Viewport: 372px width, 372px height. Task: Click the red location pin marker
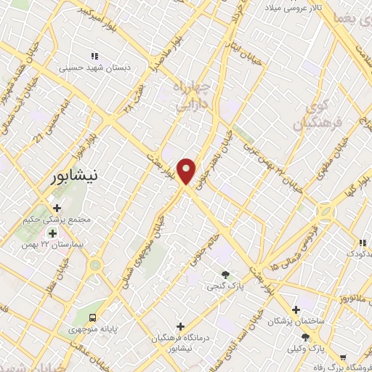(x=187, y=170)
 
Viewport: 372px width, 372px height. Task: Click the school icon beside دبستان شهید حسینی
(x=94, y=55)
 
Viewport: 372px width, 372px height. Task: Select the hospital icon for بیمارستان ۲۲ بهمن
(x=52, y=234)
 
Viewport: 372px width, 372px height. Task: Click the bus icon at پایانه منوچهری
(x=93, y=318)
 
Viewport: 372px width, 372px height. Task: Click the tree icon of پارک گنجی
(x=226, y=275)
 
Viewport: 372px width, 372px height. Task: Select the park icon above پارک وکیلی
(x=305, y=336)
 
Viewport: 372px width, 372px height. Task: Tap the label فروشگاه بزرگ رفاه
(x=342, y=367)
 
